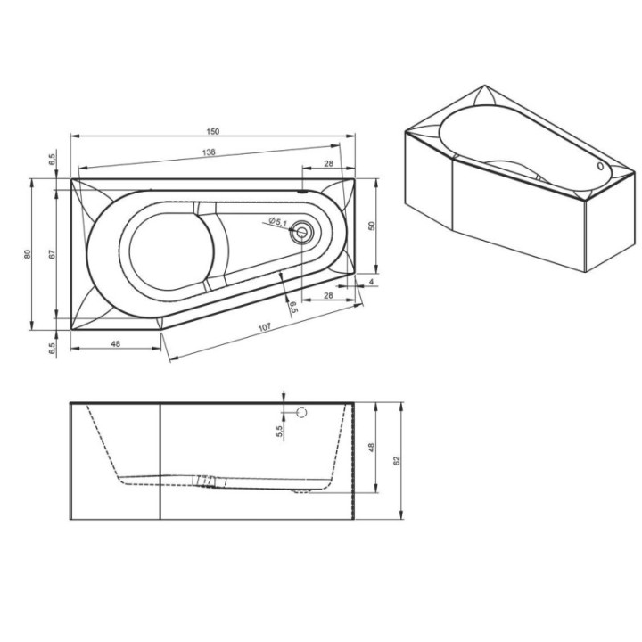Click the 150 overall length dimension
pyautogui.click(x=213, y=131)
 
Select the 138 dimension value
pyautogui.click(x=209, y=152)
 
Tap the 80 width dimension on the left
pyautogui.click(x=28, y=254)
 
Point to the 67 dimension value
pyautogui.click(x=52, y=254)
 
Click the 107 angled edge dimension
pyautogui.click(x=265, y=327)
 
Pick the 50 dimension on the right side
pyautogui.click(x=371, y=226)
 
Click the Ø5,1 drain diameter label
pyautogui.click(x=278, y=222)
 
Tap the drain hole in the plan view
pyautogui.click(x=301, y=233)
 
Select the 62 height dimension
pyautogui.click(x=396, y=461)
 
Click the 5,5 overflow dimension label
pyautogui.click(x=280, y=432)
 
